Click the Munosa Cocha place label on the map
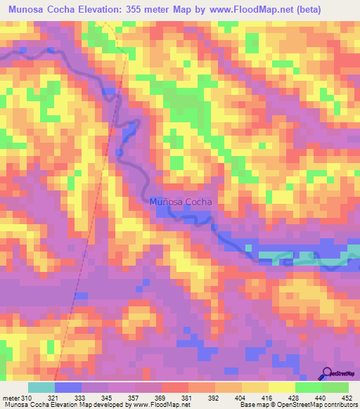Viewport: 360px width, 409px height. [x=181, y=202]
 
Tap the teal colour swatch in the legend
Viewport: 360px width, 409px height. [x=41, y=387]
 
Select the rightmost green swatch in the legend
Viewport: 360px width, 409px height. [x=335, y=387]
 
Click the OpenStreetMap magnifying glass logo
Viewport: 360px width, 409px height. [x=326, y=372]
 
